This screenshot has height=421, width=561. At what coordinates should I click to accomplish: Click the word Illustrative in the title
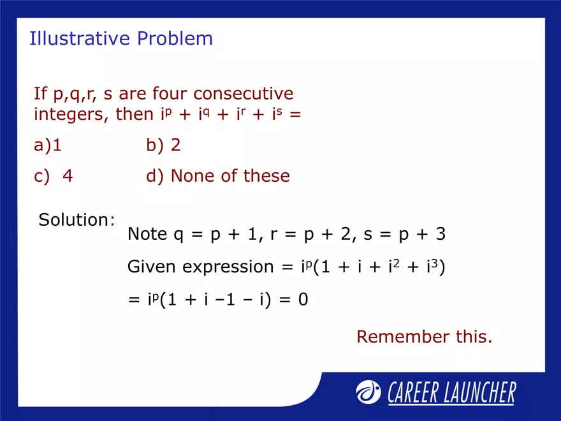(x=80, y=39)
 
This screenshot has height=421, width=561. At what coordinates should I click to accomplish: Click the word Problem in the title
(x=175, y=39)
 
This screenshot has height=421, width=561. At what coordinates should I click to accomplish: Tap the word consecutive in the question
(x=244, y=94)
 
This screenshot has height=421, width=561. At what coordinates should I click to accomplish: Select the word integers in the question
(x=70, y=116)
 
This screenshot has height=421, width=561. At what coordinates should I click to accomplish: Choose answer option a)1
(x=48, y=145)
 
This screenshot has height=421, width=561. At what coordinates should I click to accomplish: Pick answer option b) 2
(x=163, y=145)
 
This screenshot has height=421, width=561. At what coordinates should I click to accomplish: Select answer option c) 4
(x=54, y=176)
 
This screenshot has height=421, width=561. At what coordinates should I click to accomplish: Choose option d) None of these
(x=217, y=176)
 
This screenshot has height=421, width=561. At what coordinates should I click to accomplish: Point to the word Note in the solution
(x=148, y=234)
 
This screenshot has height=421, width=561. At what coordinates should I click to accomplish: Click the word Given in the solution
(x=152, y=267)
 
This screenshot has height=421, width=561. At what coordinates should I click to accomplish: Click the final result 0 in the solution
(x=303, y=299)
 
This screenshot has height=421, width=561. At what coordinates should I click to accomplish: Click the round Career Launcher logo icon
(x=368, y=392)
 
